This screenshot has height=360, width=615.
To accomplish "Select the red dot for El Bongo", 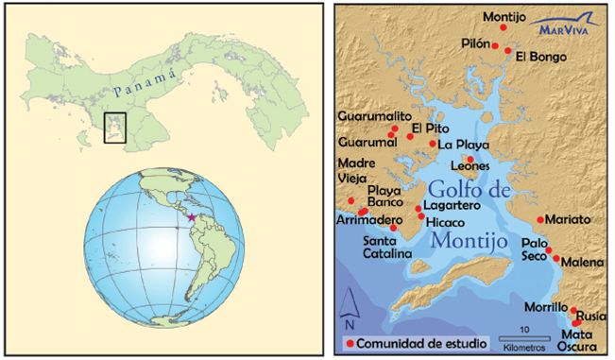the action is click(x=508, y=50).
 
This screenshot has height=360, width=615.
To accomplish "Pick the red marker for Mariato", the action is click(x=540, y=219).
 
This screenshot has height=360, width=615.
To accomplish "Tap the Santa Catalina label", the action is click(x=388, y=248).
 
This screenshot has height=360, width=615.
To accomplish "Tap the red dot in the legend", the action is click(x=351, y=344).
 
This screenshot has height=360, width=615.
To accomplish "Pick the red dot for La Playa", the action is click(x=433, y=144).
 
